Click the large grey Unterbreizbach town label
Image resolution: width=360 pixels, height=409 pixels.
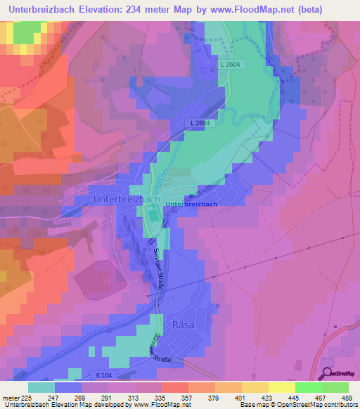click(126, 200)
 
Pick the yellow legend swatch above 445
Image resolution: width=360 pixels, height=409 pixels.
click(281, 387)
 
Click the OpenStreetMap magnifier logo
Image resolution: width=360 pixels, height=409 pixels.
click(327, 374)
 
